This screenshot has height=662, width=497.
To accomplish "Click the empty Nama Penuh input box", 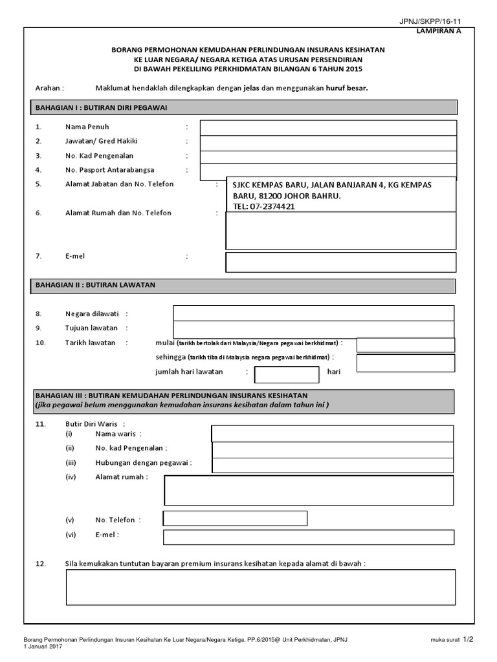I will coord(328,127).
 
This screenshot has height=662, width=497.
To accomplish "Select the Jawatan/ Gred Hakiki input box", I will coord(328,142).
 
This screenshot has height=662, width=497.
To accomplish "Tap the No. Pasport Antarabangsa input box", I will coord(328,171).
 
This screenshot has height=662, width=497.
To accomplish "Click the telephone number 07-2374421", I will coord(264,207).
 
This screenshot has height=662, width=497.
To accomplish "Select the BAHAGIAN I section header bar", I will coord(244,107).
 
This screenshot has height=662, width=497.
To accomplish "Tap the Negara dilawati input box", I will coord(313,314).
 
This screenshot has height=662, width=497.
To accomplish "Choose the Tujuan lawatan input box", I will coord(313,328).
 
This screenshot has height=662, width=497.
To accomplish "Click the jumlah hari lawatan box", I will coord(287,374).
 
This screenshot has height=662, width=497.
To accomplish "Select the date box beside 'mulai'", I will coord(405,345).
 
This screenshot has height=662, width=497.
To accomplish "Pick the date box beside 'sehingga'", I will coord(405,363).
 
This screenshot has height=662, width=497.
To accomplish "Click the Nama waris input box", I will coord(332,434).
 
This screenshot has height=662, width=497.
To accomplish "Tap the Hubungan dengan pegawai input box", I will coord(332,465).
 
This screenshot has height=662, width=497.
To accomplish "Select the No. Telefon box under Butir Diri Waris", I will coord(235,518).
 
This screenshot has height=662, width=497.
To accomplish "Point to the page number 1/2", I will coord(468,639).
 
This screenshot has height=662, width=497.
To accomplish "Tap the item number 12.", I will coord(40,564).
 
